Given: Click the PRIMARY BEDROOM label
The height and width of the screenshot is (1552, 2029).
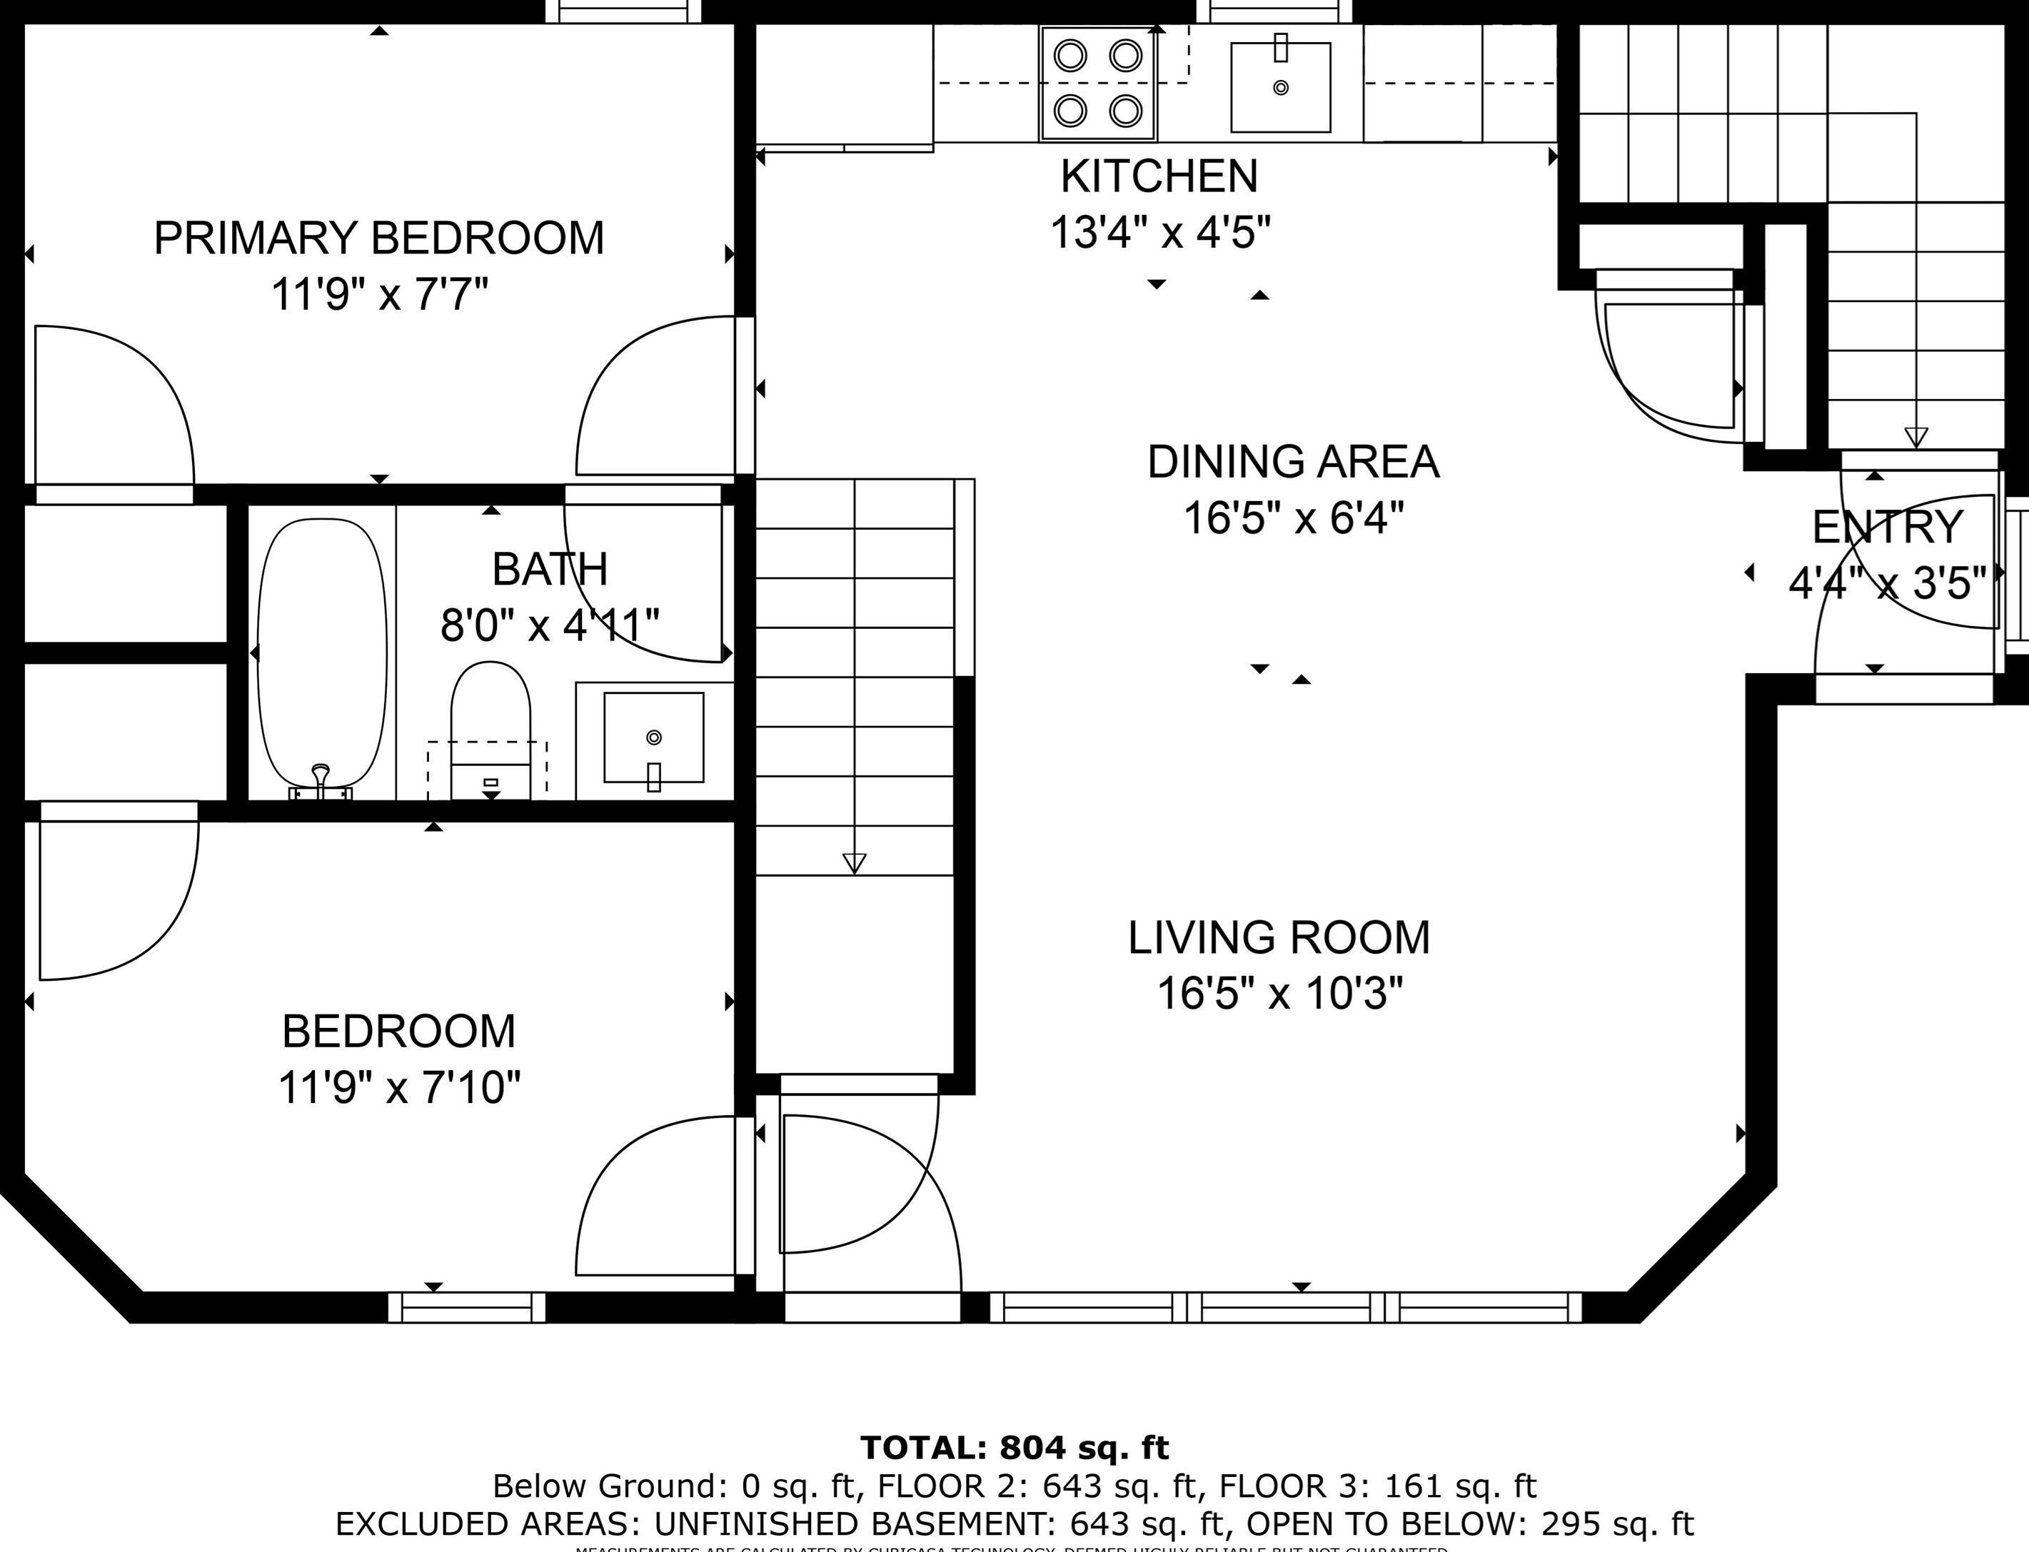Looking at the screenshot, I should (x=379, y=238).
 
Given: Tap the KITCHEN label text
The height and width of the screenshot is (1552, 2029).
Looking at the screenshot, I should (x=1159, y=176).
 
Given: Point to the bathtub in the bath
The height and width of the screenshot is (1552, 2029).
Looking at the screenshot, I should (x=321, y=654).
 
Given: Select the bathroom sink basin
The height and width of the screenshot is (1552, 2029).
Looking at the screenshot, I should (x=653, y=737).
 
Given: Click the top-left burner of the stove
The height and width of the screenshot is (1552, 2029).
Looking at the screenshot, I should (x=1070, y=56).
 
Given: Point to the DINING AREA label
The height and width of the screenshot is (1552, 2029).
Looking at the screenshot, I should (x=1293, y=462).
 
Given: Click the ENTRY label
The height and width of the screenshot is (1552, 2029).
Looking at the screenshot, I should (x=1887, y=528).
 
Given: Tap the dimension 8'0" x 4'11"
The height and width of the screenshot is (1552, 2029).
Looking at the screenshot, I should (x=550, y=625).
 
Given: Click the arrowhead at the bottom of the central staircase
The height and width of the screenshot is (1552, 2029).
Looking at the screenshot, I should (x=855, y=864).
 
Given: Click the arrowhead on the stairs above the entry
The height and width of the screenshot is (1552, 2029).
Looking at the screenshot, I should (x=1916, y=437).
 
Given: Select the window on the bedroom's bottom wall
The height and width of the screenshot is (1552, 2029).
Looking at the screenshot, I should (x=467, y=1307).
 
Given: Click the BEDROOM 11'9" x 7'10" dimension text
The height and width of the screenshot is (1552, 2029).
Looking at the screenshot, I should (x=399, y=1087).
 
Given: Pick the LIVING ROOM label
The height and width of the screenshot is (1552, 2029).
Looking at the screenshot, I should (x=1279, y=937).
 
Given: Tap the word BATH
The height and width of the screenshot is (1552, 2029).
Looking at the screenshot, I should (x=550, y=569).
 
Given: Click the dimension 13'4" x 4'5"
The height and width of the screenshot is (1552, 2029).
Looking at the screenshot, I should (x=1160, y=233).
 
